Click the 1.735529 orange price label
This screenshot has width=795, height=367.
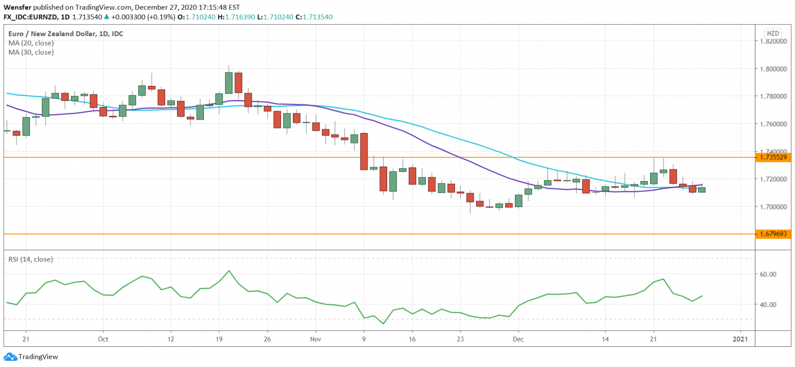[774, 157]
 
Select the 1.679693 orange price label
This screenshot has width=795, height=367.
[774, 234]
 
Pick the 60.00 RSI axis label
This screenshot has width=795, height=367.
[770, 274]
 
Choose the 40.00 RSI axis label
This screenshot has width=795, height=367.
[770, 305]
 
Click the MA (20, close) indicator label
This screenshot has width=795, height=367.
[31, 43]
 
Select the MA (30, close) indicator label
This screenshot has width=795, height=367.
[31, 52]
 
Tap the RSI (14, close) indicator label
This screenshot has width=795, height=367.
[30, 259]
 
